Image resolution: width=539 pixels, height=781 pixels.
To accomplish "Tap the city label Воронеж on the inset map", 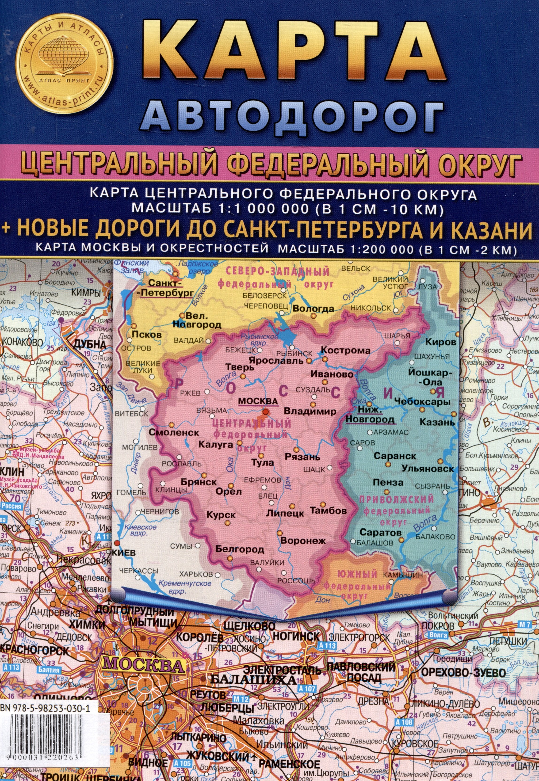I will pos(303,540).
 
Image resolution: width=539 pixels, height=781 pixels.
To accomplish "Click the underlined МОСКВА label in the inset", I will pos(258,401).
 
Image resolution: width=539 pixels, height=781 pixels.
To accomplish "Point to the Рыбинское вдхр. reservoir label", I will pos(259,340).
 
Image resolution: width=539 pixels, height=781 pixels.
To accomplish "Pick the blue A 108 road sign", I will pos(404,722).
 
